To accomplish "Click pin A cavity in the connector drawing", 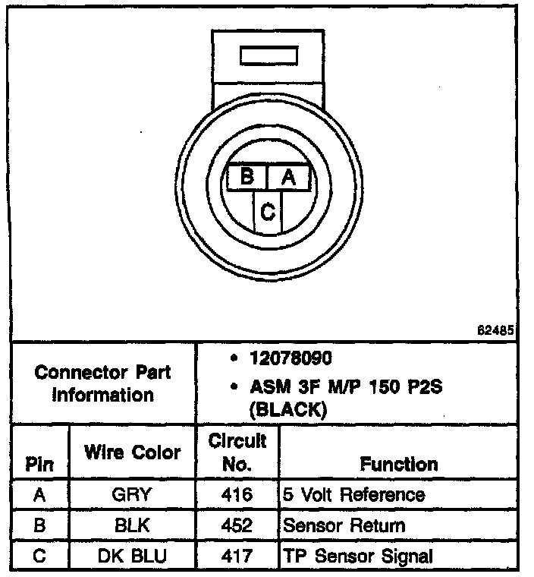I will pyautogui.click(x=288, y=178).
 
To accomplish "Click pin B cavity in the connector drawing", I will pyautogui.click(x=247, y=178).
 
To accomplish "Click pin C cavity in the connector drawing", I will pyautogui.click(x=267, y=212).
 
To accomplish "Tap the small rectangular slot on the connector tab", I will pyautogui.click(x=261, y=57).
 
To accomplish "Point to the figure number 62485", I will pyautogui.click(x=496, y=331).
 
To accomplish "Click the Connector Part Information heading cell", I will pyautogui.click(x=102, y=383).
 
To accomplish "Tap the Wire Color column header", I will pyautogui.click(x=133, y=452).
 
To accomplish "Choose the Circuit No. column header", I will pyautogui.click(x=237, y=452).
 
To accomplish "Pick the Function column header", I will pyautogui.click(x=398, y=464).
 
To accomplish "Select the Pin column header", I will pyautogui.click(x=39, y=464).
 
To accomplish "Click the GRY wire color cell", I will pyautogui.click(x=132, y=495).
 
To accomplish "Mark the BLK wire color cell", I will pyautogui.click(x=132, y=525).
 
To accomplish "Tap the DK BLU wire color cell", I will pyautogui.click(x=132, y=556).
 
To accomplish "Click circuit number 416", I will pyautogui.click(x=237, y=495).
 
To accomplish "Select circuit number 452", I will pyautogui.click(x=237, y=525).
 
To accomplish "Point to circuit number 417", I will pyautogui.click(x=237, y=556).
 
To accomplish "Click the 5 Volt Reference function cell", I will pyautogui.click(x=353, y=495).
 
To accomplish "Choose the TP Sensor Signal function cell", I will pyautogui.click(x=358, y=556).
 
